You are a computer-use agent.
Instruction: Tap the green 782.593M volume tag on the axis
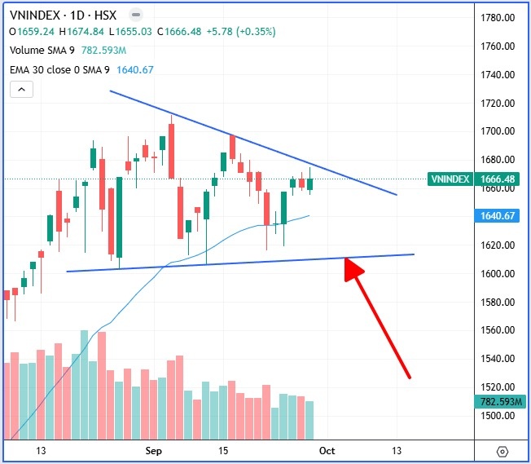click(x=498, y=401)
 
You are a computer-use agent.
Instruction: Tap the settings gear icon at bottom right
click(x=502, y=451)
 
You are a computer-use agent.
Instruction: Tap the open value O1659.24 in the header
click(x=32, y=32)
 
